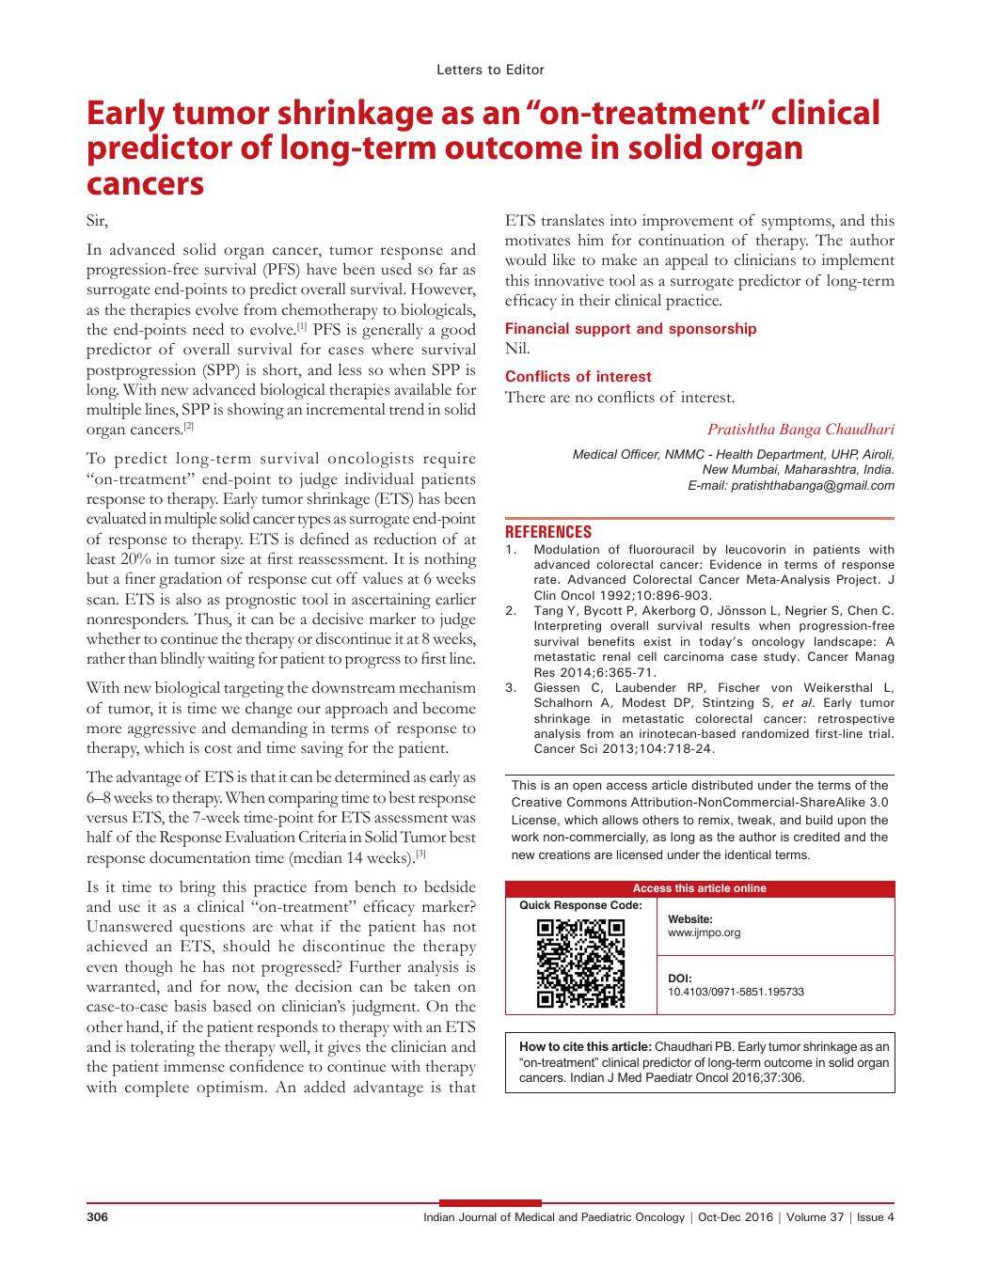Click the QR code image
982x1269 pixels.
tap(580, 963)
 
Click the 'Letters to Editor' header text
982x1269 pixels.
tap(490, 70)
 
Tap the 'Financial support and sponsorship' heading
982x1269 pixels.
tap(630, 328)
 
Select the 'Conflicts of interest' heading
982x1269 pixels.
tap(578, 376)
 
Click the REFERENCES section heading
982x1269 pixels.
tap(548, 532)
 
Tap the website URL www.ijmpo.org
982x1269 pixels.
tap(704, 932)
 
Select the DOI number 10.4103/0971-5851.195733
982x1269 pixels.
tap(736, 991)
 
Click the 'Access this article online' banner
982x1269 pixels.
tap(699, 888)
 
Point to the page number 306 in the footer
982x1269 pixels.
tap(98, 1217)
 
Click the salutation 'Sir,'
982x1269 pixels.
tap(97, 222)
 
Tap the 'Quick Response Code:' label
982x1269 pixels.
tap(580, 905)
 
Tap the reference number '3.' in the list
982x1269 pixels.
tap(513, 688)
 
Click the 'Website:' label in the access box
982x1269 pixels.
tap(689, 918)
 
